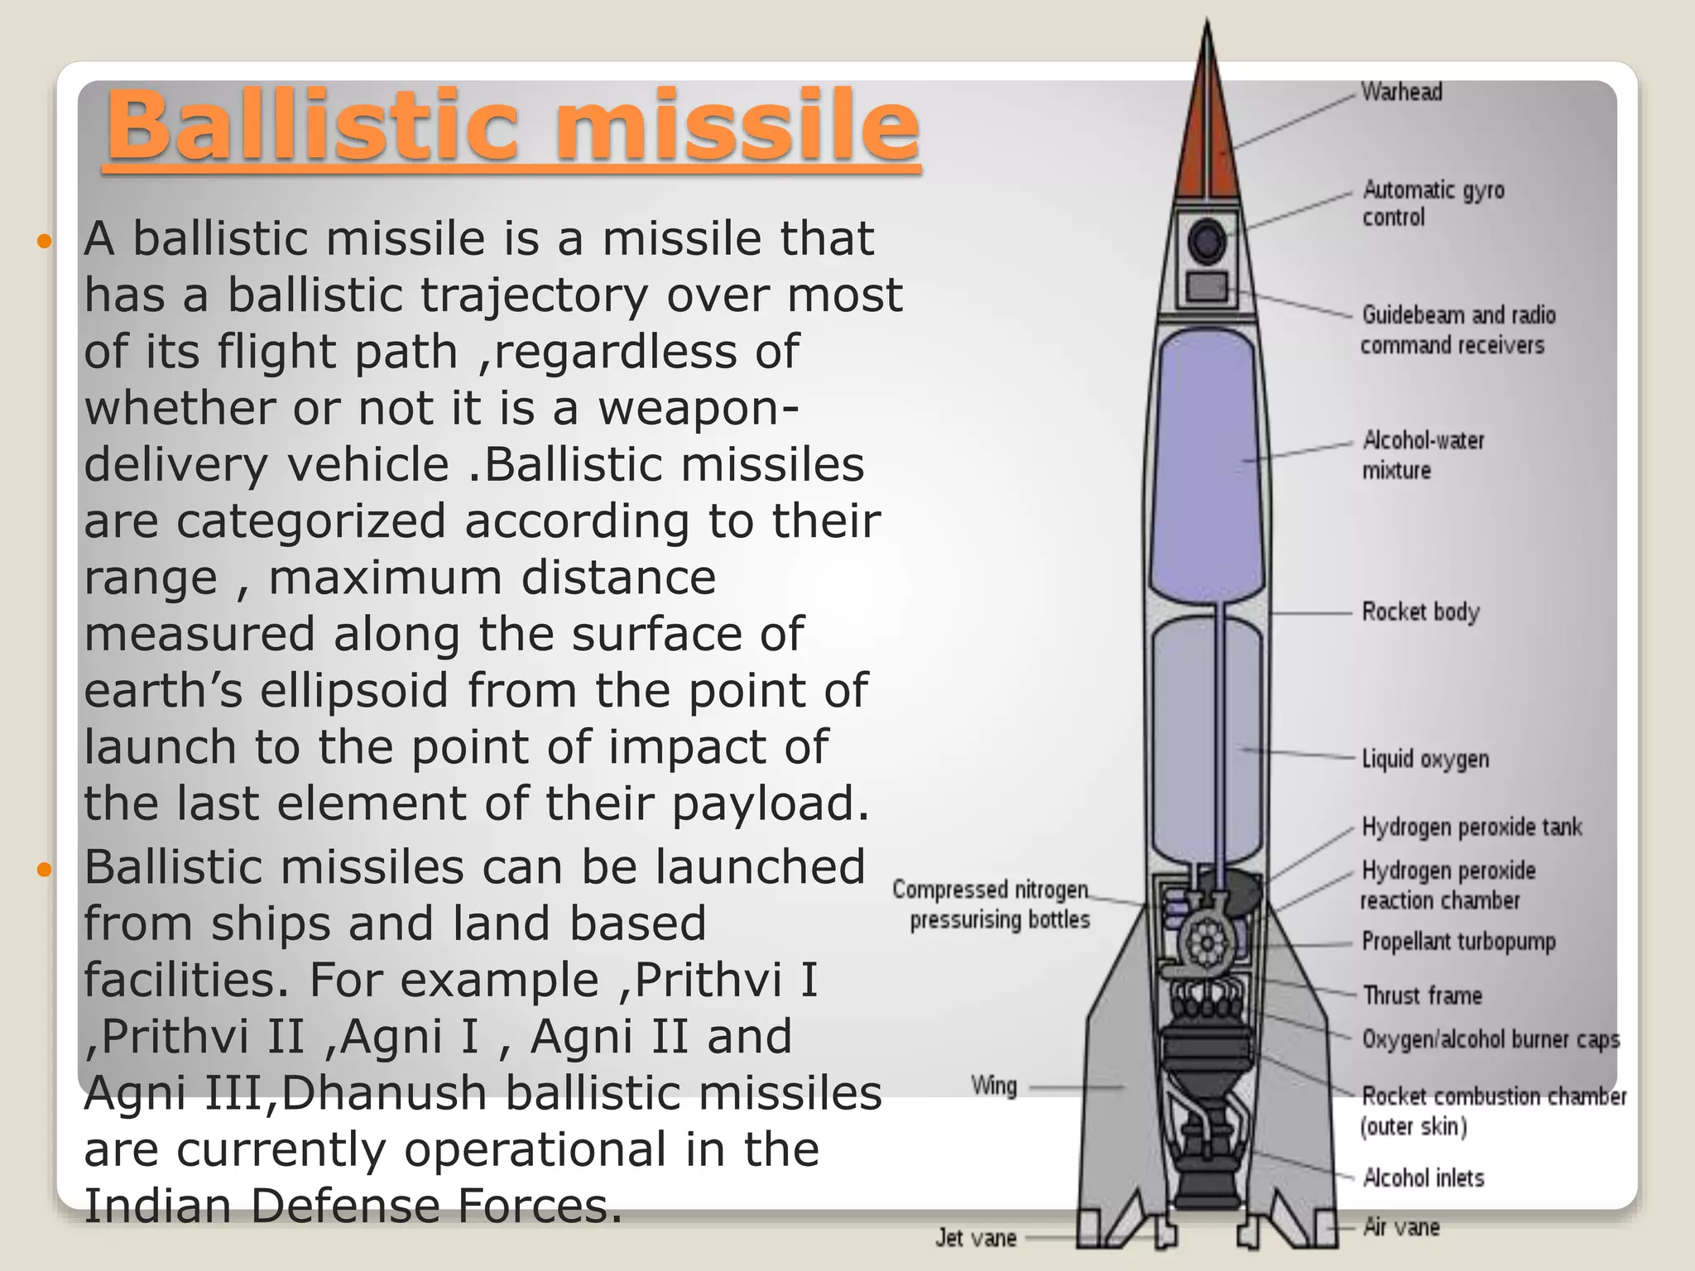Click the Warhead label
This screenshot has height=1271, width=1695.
point(1401,92)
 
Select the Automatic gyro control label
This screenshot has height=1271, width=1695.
point(1433,204)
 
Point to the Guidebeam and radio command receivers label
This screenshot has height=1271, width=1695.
point(1457,330)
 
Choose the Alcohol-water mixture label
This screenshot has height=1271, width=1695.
point(1423,455)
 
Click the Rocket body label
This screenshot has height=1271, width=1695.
point(1420,612)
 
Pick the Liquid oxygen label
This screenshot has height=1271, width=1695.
point(1425,759)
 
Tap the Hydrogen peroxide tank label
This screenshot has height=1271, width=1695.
point(1472,827)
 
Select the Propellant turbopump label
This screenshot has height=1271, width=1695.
point(1458,942)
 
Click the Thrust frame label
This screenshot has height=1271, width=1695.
point(1422,995)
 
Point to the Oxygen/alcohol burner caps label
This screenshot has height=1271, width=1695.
point(1491,1039)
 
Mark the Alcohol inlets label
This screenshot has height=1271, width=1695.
point(1423,1177)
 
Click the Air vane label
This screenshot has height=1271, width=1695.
point(1401,1227)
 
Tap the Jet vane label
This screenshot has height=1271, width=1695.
point(976,1238)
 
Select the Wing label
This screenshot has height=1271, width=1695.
point(993,1086)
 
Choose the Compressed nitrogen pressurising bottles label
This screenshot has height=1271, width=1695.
point(991,904)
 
